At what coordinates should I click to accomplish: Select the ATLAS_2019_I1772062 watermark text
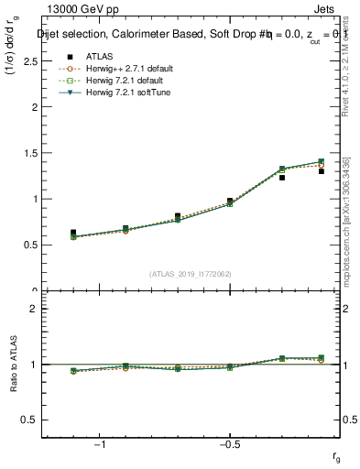click(191, 273)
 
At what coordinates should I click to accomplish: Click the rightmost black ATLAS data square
click(322, 171)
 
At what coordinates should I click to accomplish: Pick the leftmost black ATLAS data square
click(73, 233)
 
